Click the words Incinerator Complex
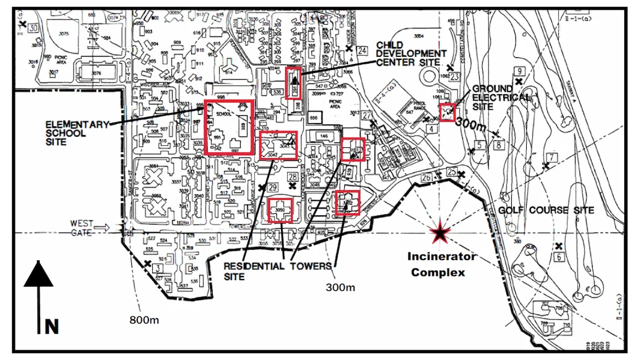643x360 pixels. (442, 264)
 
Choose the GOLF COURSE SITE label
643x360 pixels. (546, 211)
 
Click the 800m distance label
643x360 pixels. (144, 320)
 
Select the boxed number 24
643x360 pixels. (363, 51)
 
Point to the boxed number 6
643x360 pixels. (559, 257)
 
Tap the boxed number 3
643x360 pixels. (158, 267)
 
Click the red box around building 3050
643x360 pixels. (281, 210)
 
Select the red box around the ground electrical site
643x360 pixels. (447, 111)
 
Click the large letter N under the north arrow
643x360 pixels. (51, 326)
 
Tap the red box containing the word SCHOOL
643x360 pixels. (229, 127)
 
